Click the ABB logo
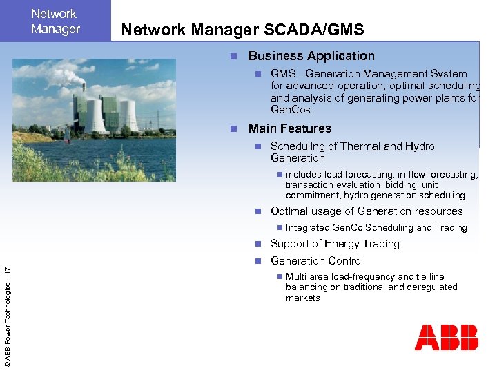(446, 338)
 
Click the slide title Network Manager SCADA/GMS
(242, 29)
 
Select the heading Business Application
(311, 56)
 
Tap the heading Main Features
(290, 128)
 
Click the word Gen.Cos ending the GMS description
(290, 110)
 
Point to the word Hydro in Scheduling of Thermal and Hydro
(420, 146)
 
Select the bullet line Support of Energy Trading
(335, 244)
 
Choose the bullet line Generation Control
(317, 261)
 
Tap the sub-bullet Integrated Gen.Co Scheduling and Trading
(376, 228)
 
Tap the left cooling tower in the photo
(95, 116)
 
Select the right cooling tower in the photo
(128, 115)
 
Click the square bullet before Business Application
(234, 57)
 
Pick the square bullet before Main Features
(234, 129)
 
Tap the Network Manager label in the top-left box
(55, 21)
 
